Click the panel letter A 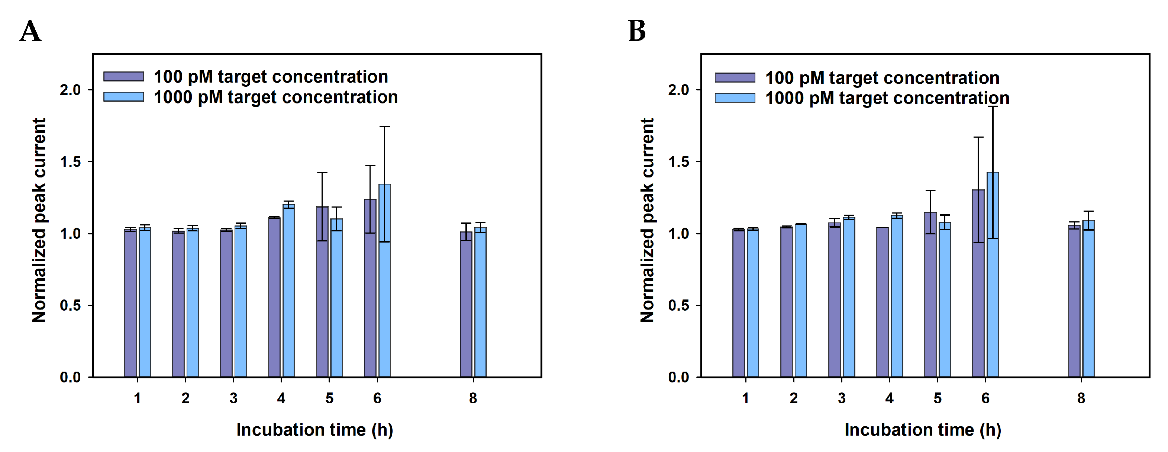pos(30,31)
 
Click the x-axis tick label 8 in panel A pos(473,398)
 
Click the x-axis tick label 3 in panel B pos(842,398)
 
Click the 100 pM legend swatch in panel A pos(123,76)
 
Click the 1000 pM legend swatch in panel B pos(735,98)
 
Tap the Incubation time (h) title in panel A pos(314,430)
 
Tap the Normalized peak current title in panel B pos(647,220)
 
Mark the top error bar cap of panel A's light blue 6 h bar pos(384,126)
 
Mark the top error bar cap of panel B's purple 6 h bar pos(978,137)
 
